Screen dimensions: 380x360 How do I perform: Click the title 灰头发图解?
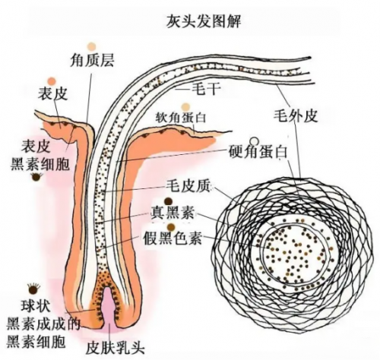[x=204, y=21]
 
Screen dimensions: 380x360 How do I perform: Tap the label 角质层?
[x=92, y=60]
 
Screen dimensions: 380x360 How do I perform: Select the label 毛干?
[x=205, y=89]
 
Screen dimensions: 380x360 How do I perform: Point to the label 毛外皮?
[x=296, y=116]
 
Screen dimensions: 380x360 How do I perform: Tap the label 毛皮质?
[x=188, y=187]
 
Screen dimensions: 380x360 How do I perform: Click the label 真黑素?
[x=173, y=213]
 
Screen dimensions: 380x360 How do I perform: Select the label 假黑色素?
[x=173, y=238]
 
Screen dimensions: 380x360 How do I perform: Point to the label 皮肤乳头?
[x=116, y=349]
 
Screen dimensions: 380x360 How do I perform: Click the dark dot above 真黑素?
[x=168, y=202]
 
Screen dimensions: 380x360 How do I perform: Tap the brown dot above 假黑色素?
[x=172, y=227]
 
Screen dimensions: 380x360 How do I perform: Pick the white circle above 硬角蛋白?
[x=255, y=141]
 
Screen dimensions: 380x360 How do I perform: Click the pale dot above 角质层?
[x=92, y=46]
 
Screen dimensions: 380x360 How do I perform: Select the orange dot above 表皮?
[x=52, y=81]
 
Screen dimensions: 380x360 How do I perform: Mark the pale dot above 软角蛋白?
[x=185, y=107]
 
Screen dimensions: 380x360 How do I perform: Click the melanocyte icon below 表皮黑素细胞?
[x=36, y=177]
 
